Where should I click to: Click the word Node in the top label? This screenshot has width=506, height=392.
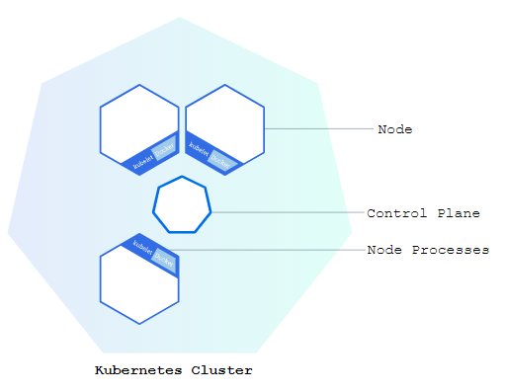click(x=394, y=129)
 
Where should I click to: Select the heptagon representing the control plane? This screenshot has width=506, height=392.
click(x=182, y=205)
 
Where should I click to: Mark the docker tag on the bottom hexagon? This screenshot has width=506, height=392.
click(x=164, y=261)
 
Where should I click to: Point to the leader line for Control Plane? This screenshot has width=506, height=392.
click(x=287, y=212)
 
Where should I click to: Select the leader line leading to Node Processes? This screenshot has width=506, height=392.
click(x=267, y=250)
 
